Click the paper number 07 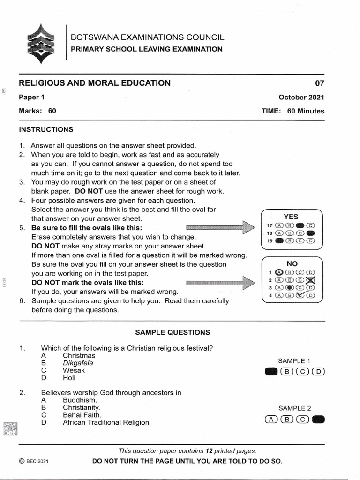tap(319, 84)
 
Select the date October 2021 tap(301, 97)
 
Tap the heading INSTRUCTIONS tap(46, 129)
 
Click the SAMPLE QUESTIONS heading tap(172, 332)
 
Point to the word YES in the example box tap(291, 217)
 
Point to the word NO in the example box tap(292, 263)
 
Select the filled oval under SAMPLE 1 tap(271, 372)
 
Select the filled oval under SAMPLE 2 tap(318, 419)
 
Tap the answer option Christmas tap(79, 356)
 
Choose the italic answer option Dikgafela tap(78, 363)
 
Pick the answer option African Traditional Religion tap(107, 422)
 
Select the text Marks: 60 tap(37, 111)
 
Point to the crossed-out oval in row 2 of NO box tap(310, 280)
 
